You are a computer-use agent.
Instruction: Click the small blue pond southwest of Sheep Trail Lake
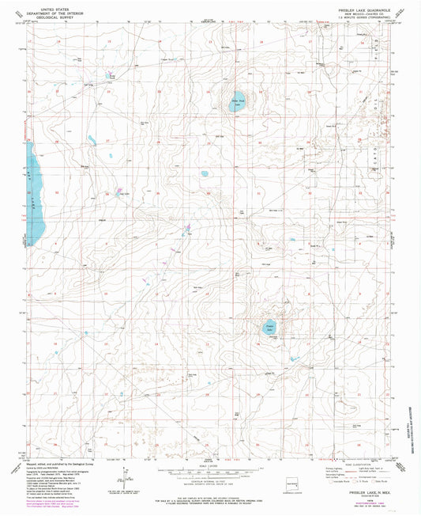[x=205, y=173]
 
